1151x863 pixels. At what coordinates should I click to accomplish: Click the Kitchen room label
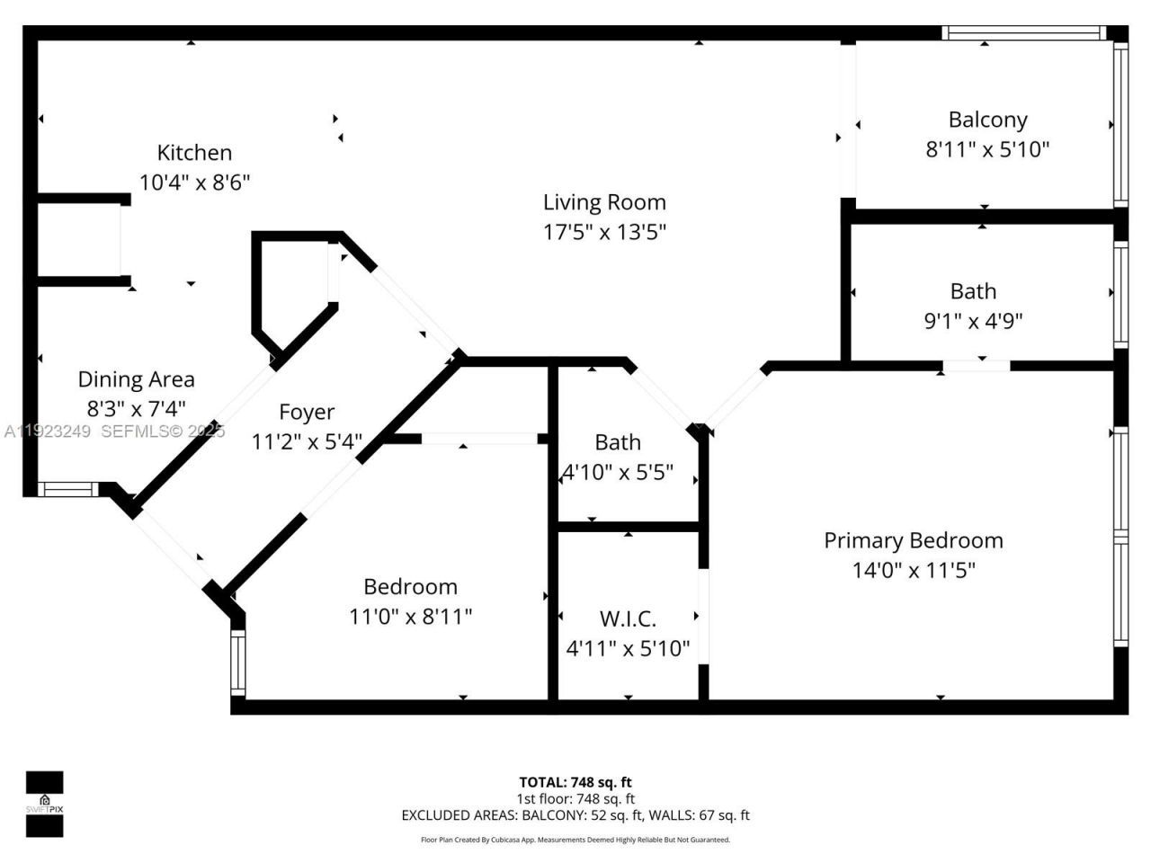194,153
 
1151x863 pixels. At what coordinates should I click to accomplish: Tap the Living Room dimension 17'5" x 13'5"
604,232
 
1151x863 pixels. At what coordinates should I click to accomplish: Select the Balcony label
987,120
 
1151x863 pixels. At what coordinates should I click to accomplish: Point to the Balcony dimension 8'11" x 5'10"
987,149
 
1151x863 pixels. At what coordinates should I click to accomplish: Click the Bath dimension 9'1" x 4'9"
973,321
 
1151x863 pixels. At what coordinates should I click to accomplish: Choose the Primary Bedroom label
913,540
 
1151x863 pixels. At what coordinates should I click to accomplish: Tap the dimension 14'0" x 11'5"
913,570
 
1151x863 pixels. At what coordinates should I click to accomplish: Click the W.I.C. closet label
628,618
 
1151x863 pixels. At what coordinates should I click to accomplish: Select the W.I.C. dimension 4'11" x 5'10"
628,648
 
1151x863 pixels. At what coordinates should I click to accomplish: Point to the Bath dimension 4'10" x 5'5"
618,472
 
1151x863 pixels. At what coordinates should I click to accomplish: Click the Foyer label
307,412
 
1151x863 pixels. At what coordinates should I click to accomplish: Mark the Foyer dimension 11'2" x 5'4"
307,441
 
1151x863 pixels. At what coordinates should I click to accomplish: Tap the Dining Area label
136,379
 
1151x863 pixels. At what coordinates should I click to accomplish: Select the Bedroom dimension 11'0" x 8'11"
410,617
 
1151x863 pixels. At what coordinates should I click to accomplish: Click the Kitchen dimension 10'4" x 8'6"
194,182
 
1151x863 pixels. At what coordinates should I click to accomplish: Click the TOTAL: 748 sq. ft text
575,782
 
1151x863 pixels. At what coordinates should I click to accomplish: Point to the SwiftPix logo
44,804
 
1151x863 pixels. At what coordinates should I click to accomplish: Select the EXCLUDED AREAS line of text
575,815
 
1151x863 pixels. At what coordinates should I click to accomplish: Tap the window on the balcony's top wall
1023,33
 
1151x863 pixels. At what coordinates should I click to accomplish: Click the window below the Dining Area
68,490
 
